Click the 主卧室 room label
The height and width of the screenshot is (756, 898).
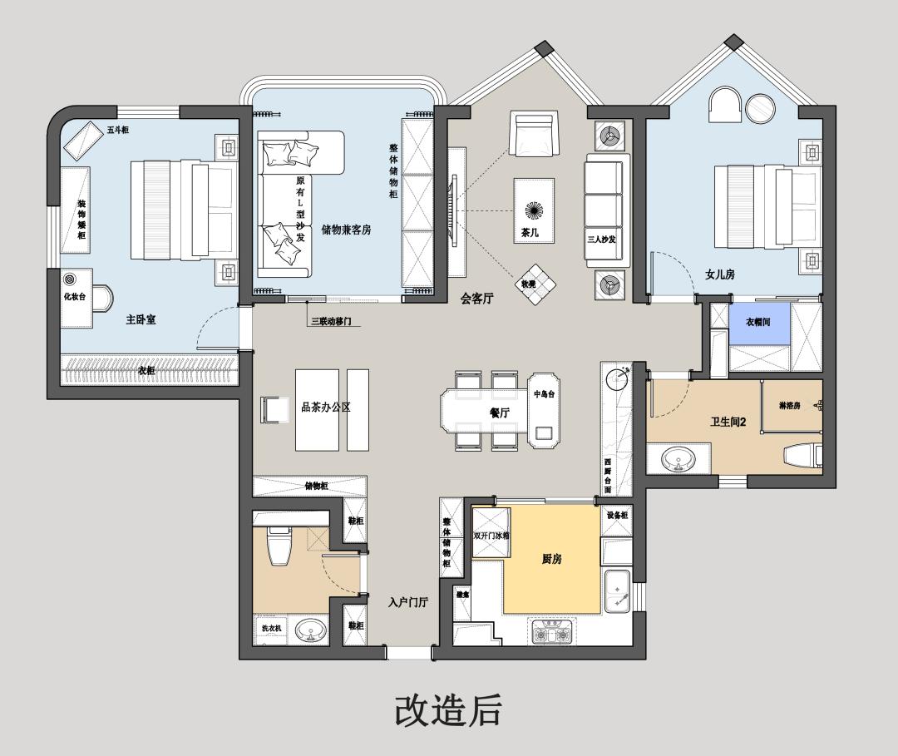click(141, 319)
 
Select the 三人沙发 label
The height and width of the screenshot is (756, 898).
click(601, 240)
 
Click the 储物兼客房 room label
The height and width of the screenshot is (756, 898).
click(345, 230)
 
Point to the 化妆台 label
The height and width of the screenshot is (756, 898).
click(74, 297)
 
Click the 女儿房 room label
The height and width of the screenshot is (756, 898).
click(720, 274)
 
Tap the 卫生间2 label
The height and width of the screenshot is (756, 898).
click(728, 422)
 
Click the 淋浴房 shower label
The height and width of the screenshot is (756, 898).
click(788, 406)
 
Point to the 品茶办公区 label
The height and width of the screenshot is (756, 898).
click(326, 408)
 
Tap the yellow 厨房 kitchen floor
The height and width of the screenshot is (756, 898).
click(551, 559)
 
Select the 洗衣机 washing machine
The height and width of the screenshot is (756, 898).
click(271, 628)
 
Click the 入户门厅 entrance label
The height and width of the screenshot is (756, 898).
click(408, 602)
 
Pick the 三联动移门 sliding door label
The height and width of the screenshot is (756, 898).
click(330, 321)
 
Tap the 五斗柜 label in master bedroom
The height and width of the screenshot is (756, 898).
click(117, 130)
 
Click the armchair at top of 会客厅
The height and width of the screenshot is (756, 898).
click(533, 134)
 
